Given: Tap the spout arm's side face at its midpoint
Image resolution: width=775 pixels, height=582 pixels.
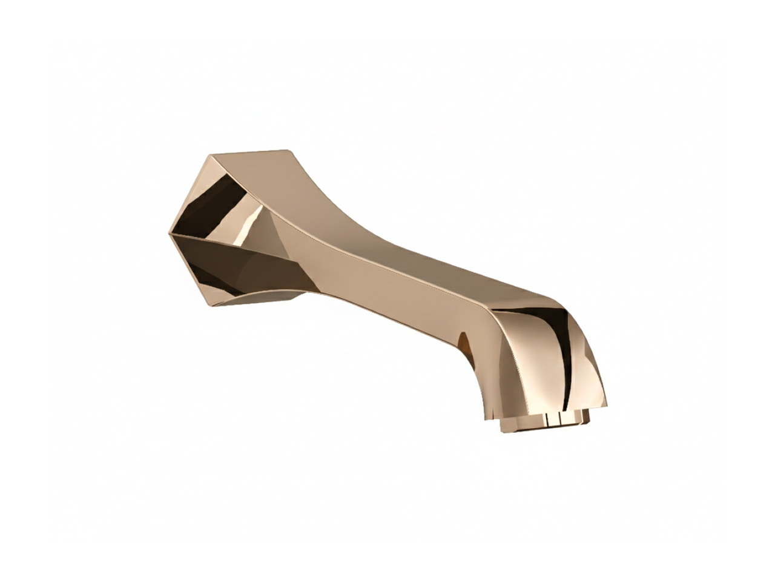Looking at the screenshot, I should click(x=387, y=285).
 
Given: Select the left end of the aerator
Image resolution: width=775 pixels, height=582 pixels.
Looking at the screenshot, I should click(x=501, y=422).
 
